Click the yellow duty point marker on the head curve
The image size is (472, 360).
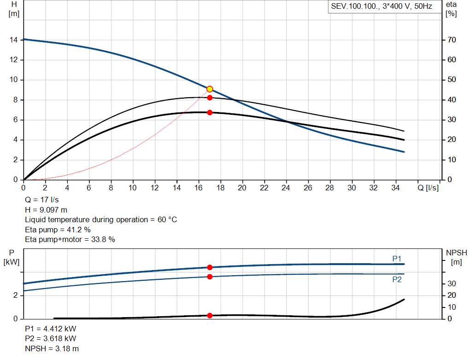tap(210, 89)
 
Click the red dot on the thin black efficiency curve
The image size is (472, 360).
tap(210, 98)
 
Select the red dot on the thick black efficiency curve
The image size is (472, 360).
tap(210, 112)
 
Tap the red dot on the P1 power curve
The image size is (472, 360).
tap(210, 267)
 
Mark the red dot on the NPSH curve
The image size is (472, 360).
tap(210, 315)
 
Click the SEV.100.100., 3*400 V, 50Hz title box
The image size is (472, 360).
tap(381, 7)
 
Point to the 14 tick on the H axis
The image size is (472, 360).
tap(14, 40)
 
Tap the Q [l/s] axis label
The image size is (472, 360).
tap(428, 188)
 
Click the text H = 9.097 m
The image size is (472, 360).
tap(47, 210)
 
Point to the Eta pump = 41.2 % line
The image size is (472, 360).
tap(58, 230)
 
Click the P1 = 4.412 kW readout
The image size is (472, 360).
tap(51, 330)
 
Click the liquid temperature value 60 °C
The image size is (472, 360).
tap(165, 220)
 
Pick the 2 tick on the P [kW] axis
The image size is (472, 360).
tap(16, 295)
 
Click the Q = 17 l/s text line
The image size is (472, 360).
tap(42, 200)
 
